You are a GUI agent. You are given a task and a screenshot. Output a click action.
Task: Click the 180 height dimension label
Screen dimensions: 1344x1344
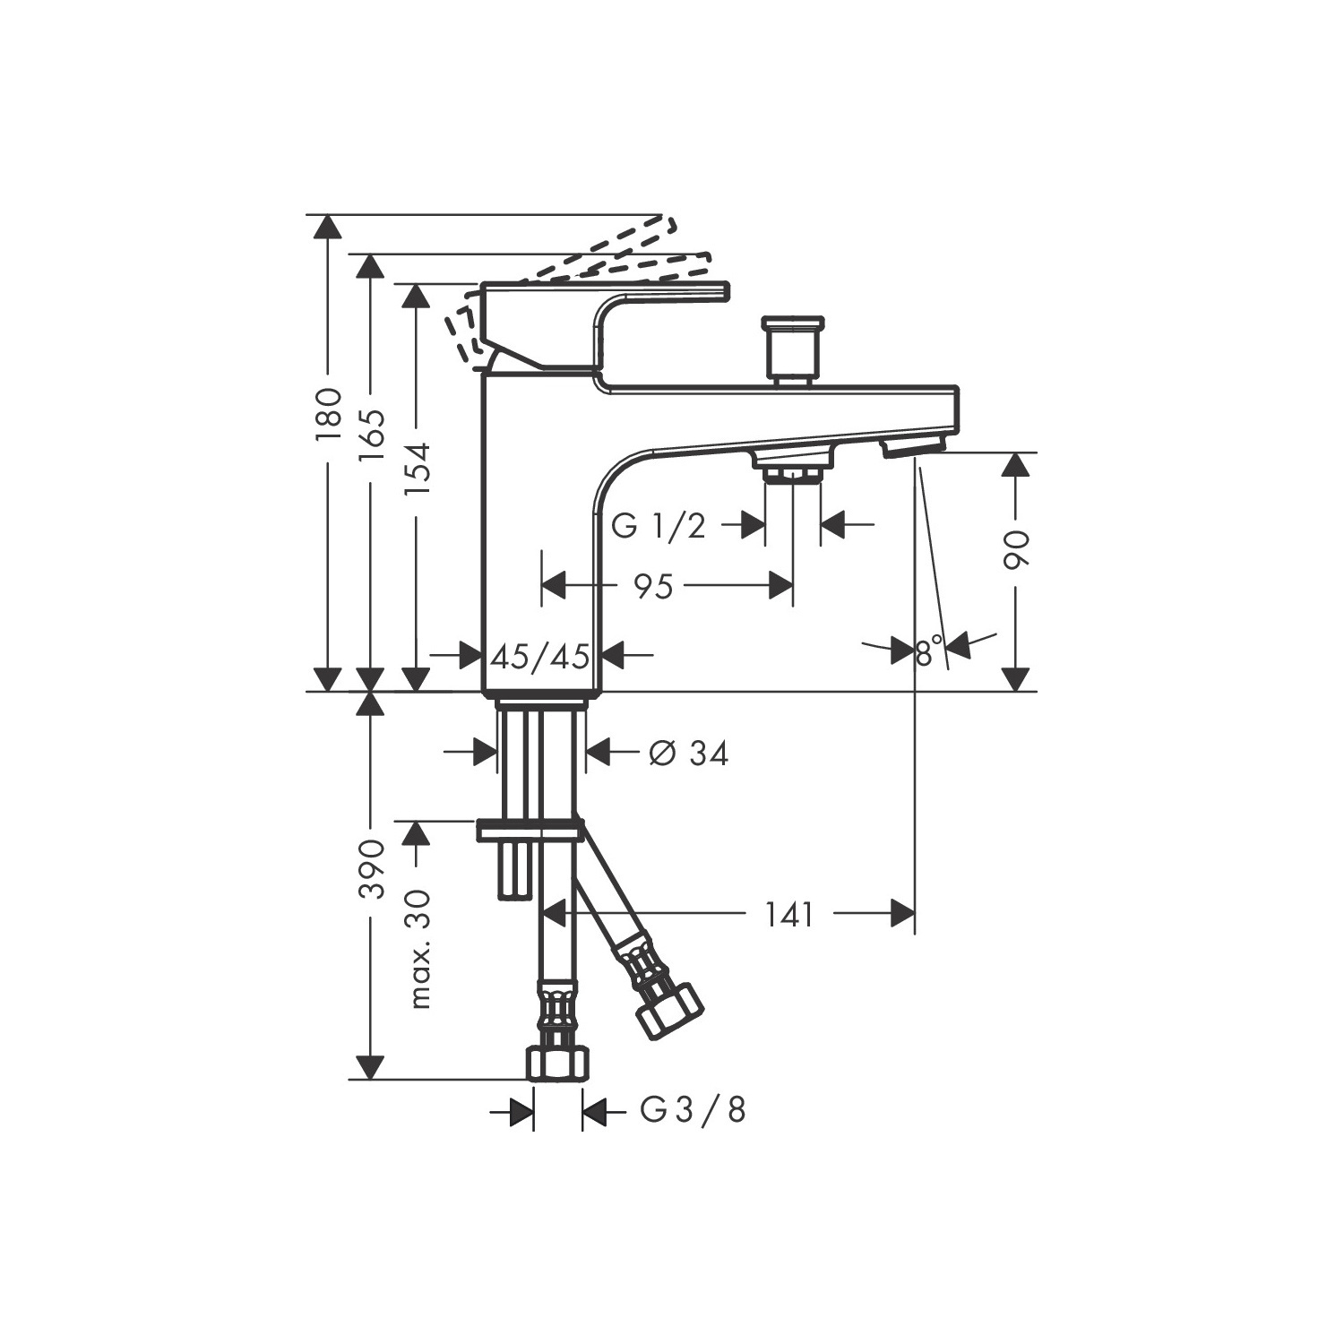click(329, 413)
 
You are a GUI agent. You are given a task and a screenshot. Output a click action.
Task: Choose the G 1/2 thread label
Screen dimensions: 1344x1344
click(659, 526)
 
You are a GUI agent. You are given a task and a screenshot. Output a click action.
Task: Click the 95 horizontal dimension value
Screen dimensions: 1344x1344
click(653, 587)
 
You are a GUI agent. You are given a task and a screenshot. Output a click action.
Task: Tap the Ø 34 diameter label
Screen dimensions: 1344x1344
click(688, 754)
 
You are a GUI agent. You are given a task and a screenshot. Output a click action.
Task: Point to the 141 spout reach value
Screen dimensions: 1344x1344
click(789, 915)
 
